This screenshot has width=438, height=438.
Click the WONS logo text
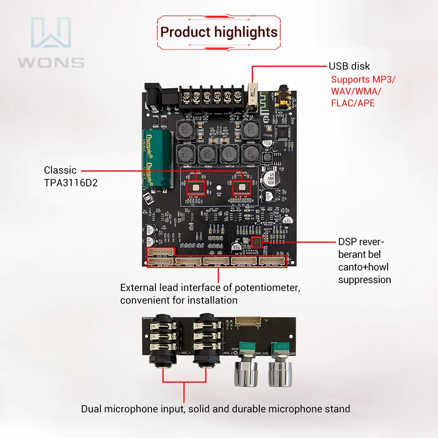pos(51,62)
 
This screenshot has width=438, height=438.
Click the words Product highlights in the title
pos(219,32)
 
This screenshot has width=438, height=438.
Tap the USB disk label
pos(349,66)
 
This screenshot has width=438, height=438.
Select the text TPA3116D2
pos(71,183)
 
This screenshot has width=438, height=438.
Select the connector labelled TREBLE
pos(188,261)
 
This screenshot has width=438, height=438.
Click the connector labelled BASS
pos(216,261)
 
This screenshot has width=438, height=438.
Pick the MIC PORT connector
pos(272,261)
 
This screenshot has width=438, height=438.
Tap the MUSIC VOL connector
pos(244,261)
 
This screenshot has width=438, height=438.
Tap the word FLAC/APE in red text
pos(353,103)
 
